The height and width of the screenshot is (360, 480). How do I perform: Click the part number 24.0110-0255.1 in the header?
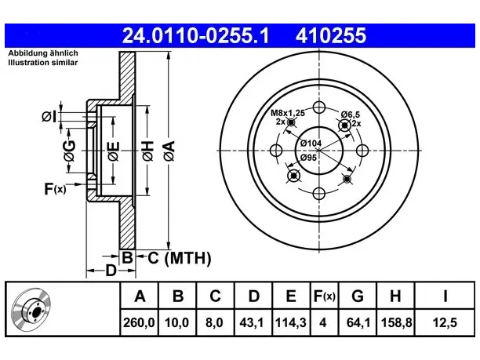195,35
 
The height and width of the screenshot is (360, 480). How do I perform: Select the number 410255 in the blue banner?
331,35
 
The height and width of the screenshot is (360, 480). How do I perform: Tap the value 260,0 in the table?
139,322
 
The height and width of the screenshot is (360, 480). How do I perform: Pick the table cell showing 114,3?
291,322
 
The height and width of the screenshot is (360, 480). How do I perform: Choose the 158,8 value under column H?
396,322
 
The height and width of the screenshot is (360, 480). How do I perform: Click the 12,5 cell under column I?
445,322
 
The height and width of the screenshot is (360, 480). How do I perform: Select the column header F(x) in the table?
325,296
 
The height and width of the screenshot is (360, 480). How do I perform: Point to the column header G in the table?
358,296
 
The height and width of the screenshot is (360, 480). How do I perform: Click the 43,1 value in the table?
252,322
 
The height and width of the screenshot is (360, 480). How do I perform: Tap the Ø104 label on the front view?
311,143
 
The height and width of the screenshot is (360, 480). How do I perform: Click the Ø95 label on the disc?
308,158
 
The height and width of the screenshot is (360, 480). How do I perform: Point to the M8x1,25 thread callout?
288,113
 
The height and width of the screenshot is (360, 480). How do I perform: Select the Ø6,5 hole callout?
351,115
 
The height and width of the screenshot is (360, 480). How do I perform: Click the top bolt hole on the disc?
319,107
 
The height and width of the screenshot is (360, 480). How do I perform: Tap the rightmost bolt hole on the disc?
362,151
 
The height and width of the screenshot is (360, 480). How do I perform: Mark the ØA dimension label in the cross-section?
169,151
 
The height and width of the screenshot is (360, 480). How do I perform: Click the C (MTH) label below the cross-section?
180,258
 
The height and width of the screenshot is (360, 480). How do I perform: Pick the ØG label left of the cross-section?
70,151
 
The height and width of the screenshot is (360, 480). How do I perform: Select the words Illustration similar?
43,63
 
